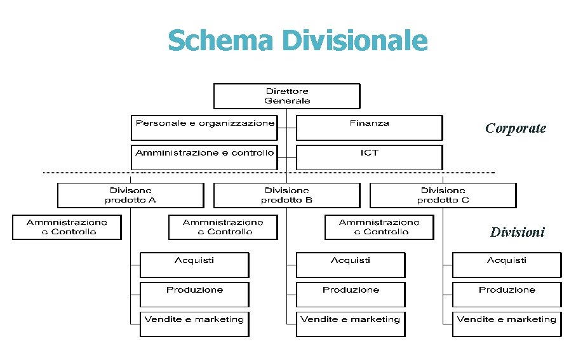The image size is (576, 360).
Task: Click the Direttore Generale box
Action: tap(287, 96)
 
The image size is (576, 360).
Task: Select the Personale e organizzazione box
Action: tap(204, 127)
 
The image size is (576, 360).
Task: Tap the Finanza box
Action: tap(369, 127)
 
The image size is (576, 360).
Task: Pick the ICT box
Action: tap(369, 157)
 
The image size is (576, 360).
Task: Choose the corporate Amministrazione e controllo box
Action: tap(204, 157)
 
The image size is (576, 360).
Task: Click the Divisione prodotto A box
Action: tap(130, 195)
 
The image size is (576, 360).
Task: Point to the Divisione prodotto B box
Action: tap(287, 195)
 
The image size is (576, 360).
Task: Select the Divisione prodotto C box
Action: tap(443, 195)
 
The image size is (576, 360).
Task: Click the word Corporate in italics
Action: tap(515, 128)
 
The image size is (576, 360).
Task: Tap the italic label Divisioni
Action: tap(517, 232)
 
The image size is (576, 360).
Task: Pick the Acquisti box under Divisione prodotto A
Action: tap(194, 265)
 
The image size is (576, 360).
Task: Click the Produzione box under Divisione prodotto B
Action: tap(351, 295)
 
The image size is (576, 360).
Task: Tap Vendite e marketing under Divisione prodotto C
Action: tap(507, 324)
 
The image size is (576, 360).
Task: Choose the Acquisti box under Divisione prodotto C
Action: tap(507, 265)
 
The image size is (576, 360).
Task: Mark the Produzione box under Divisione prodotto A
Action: tap(194, 295)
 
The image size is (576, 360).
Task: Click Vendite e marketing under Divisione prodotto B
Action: tap(351, 324)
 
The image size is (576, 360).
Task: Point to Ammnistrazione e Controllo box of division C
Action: tap(379, 227)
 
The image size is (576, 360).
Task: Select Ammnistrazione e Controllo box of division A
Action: tap(67, 227)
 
